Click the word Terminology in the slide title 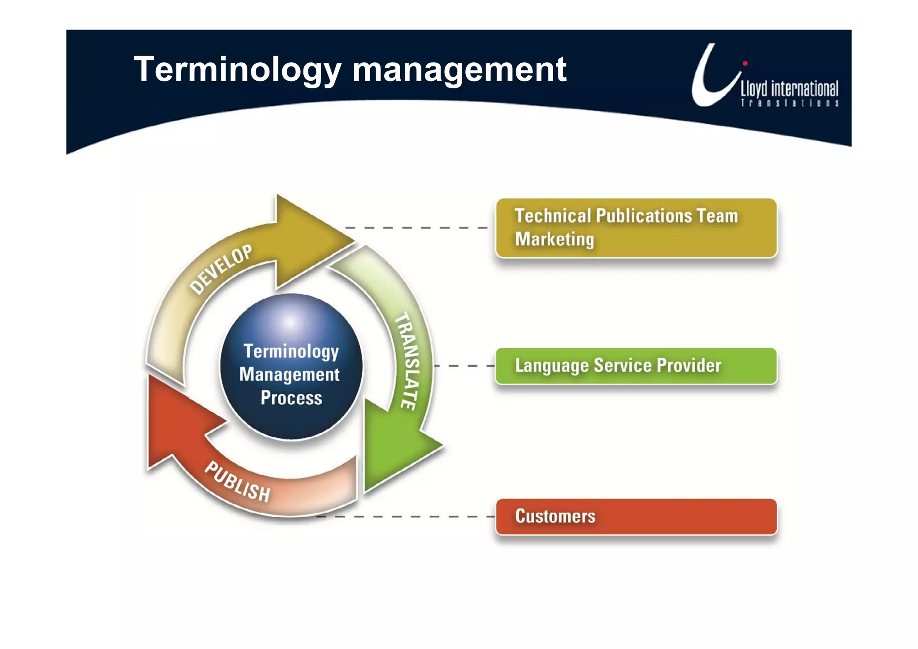click(238, 70)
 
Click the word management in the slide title click(459, 70)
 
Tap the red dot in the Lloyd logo click(745, 63)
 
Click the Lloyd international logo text click(789, 89)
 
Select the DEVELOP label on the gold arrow click(221, 269)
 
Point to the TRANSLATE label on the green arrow click(408, 361)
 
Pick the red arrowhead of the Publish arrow click(175, 422)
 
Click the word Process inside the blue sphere click(291, 398)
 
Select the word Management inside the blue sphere click(290, 375)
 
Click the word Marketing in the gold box click(554, 239)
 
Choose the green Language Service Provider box click(636, 366)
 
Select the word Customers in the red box click(555, 516)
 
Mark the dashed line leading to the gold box click(417, 228)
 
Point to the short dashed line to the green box click(464, 366)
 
